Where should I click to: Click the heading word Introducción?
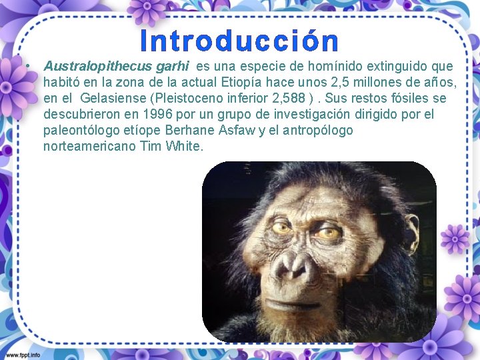tap(239, 41)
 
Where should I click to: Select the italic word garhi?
tap(173, 67)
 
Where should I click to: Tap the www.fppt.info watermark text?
tap(21, 354)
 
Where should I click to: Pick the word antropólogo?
tap(315, 131)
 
